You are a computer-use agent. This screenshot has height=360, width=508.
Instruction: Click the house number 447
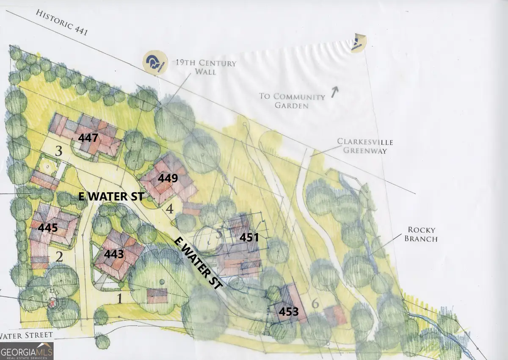(88, 138)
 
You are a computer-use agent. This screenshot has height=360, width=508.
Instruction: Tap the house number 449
(168, 178)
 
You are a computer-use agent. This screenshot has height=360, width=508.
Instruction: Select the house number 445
(48, 227)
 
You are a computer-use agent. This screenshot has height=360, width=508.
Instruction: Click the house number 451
(249, 237)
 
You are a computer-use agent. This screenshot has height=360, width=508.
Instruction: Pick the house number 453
(288, 312)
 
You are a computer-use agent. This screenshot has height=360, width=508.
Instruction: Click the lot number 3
(59, 151)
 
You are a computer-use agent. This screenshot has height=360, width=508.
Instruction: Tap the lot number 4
(170, 209)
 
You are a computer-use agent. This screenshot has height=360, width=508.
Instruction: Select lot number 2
(59, 257)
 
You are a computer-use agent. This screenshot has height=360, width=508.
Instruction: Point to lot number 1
(120, 299)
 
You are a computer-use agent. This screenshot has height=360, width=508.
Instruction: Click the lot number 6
(315, 304)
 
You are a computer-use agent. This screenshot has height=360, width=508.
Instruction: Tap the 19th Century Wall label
(205, 67)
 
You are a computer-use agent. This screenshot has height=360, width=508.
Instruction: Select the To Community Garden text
(292, 101)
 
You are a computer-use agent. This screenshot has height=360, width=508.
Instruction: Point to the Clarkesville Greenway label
(362, 145)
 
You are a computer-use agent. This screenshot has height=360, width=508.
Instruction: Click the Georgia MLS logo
(27, 351)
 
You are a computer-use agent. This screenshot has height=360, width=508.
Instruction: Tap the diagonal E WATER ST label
(198, 263)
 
